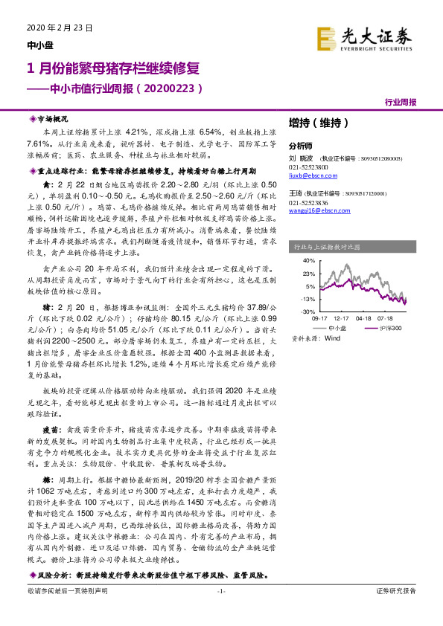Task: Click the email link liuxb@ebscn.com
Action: coord(305,175)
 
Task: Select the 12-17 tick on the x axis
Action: coord(343,317)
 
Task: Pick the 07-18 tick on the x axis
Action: coord(393,317)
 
